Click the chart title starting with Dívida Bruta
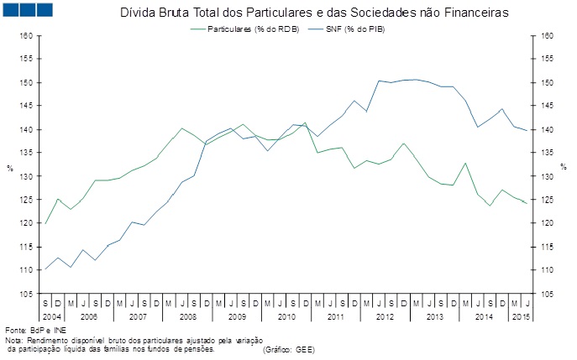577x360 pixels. click(x=308, y=13)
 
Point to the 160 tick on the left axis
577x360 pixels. click(x=24, y=36)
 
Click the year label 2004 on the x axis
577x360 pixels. click(x=50, y=316)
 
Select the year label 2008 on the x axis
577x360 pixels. click(x=188, y=316)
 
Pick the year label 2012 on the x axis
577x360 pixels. click(x=385, y=316)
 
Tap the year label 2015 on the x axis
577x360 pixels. click(x=520, y=316)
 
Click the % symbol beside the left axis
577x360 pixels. click(x=10, y=168)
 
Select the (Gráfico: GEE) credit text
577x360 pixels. click(x=288, y=349)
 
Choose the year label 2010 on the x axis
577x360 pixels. click(x=286, y=316)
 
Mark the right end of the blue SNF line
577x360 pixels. click(x=527, y=130)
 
